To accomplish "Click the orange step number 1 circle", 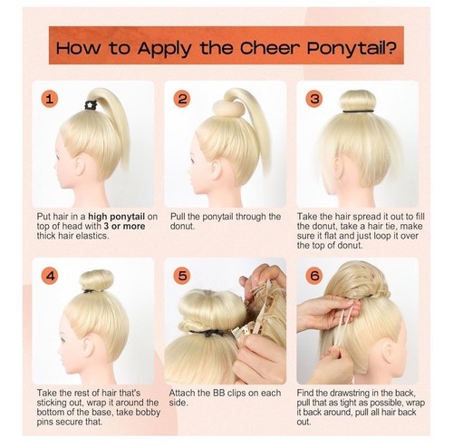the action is click(x=50, y=99).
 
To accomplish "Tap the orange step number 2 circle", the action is click(x=182, y=99).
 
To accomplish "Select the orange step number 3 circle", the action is click(x=314, y=99).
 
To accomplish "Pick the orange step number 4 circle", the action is click(x=50, y=276).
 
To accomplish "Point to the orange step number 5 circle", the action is click(x=182, y=276).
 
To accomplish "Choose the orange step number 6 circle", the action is click(x=314, y=276).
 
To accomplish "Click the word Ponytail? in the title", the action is click(x=352, y=48).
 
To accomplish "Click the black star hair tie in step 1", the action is click(x=91, y=105).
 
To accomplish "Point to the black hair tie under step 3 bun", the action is click(x=358, y=112).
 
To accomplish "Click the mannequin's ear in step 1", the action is click(x=80, y=166).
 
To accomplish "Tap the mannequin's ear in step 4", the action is click(x=88, y=346).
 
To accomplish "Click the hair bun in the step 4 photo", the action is click(x=97, y=279).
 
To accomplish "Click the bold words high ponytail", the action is click(x=117, y=217).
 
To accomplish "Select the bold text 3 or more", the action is click(x=124, y=226).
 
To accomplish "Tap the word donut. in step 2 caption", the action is click(x=182, y=226).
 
